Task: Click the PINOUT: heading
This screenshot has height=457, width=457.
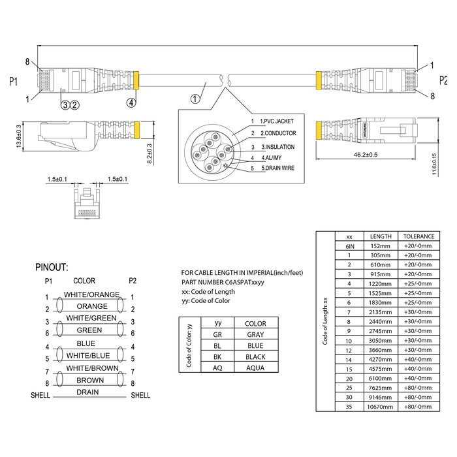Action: [55, 267]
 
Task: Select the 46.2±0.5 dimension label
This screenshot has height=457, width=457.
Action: [368, 154]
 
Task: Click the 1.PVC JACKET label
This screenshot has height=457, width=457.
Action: [277, 121]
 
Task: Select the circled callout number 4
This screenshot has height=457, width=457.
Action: [132, 102]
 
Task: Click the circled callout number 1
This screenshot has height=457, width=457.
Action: [195, 99]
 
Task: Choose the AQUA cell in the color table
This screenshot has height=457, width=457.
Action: [255, 367]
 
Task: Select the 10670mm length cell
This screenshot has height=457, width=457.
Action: [381, 406]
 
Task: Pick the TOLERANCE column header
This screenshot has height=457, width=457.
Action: [417, 236]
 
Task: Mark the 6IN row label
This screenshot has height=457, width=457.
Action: [349, 247]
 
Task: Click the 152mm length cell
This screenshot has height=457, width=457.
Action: [381, 247]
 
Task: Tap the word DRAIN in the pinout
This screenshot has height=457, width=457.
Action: [87, 392]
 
